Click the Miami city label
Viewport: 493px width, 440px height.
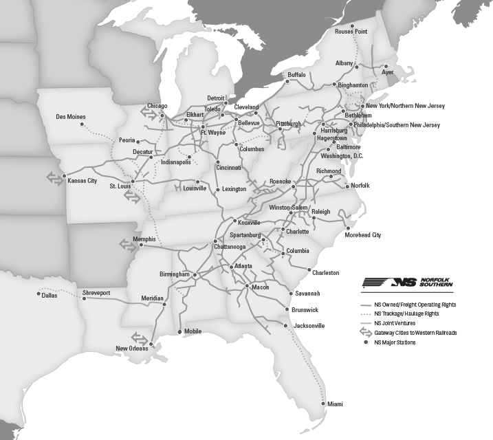[335, 404]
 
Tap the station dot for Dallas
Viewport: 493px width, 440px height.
[39, 294]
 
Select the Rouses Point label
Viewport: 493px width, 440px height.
[351, 32]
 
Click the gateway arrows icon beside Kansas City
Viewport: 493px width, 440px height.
[54, 177]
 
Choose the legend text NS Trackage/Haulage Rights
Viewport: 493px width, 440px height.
[410, 313]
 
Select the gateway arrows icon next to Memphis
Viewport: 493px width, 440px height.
[128, 243]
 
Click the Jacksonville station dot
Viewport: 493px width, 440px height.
[285, 325]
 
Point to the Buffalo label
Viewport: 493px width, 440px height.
[296, 74]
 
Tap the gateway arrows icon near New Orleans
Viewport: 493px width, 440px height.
[140, 338]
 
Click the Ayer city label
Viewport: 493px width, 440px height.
[388, 71]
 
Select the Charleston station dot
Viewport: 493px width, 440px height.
[309, 269]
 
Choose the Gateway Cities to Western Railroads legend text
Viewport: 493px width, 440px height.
[415, 332]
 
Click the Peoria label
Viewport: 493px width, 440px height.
[127, 140]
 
